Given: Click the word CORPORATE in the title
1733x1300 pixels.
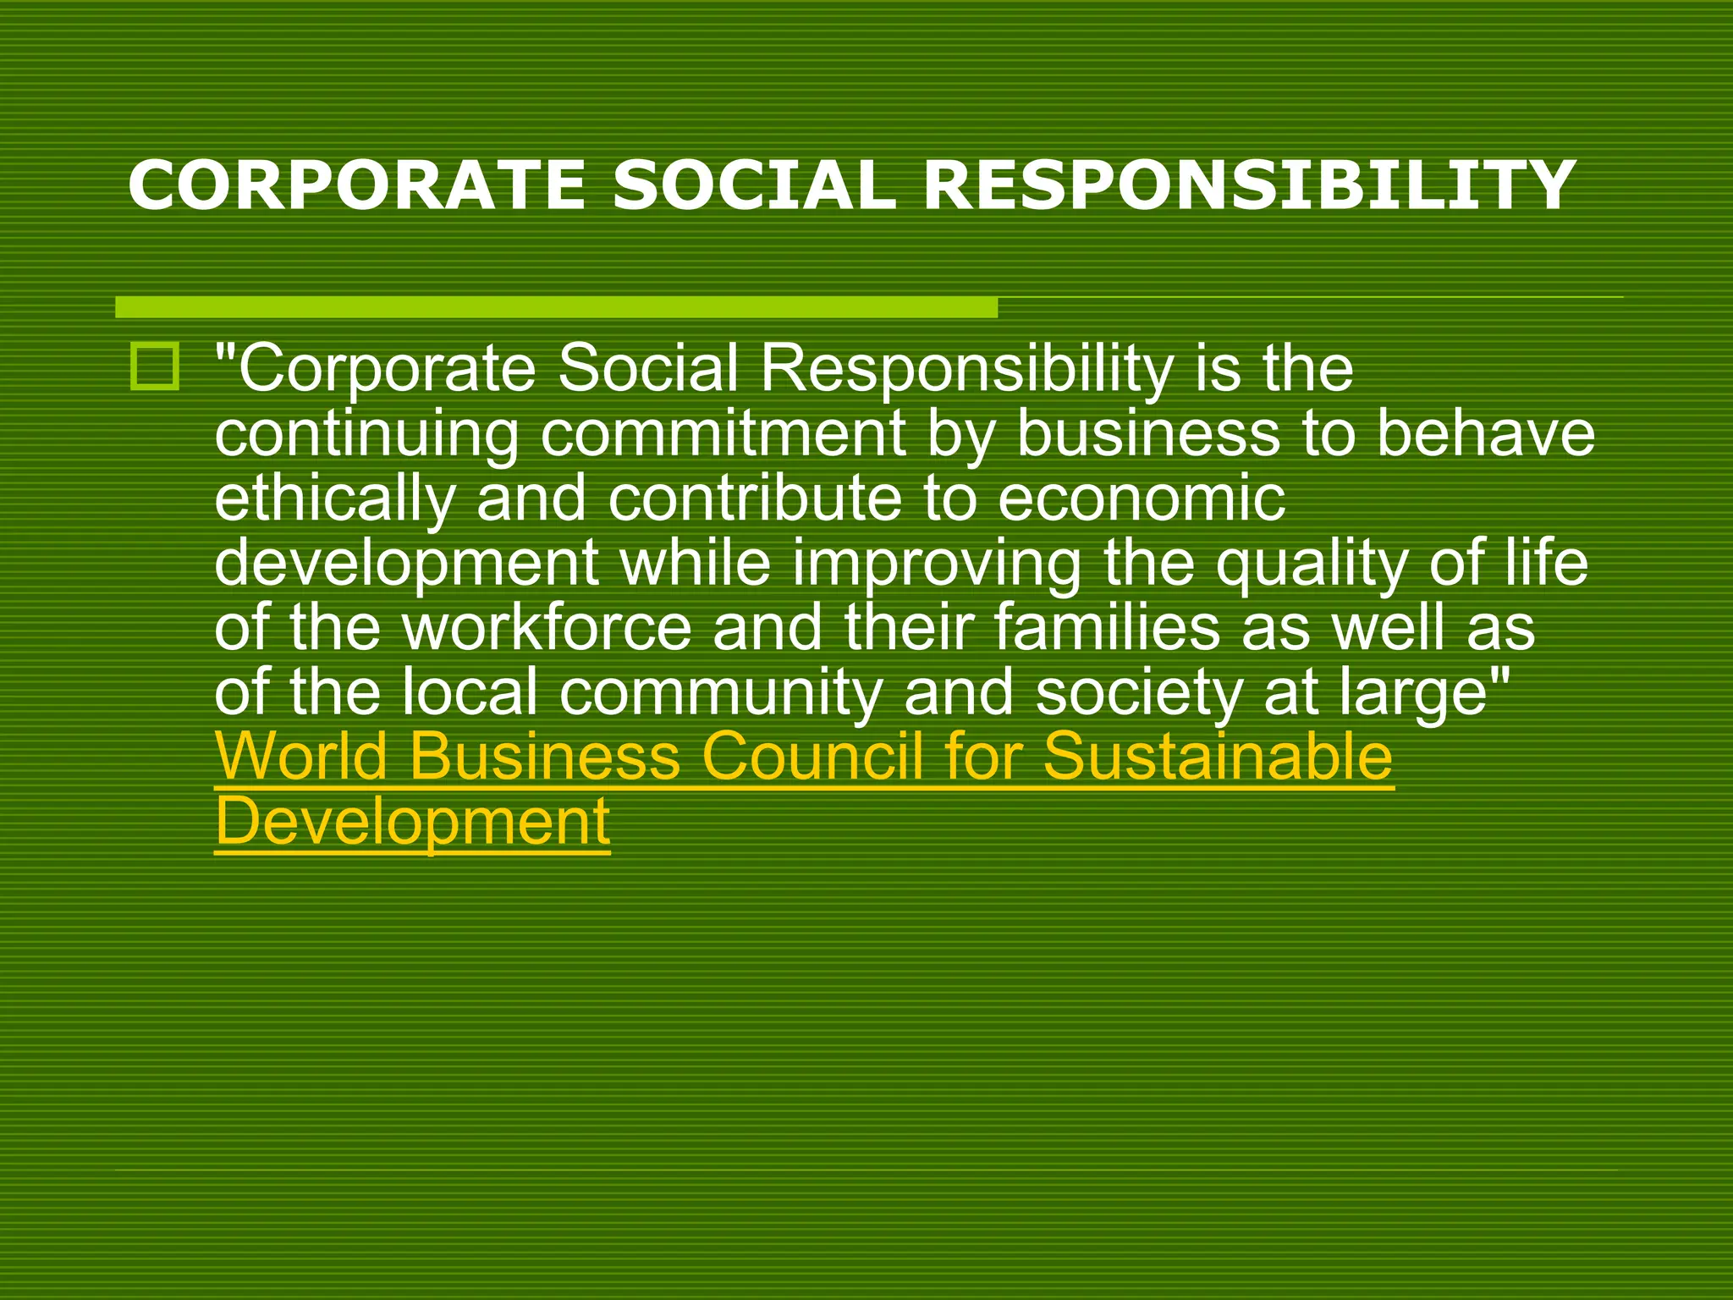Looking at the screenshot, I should click(356, 185).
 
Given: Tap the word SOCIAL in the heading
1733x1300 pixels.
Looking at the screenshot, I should click(753, 185).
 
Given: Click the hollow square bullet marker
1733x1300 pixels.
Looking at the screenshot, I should click(155, 367).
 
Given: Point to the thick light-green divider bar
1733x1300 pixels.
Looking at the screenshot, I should click(556, 307).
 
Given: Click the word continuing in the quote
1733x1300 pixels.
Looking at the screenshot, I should click(366, 435).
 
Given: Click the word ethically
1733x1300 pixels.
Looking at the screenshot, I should click(334, 499).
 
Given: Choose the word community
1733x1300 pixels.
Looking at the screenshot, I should click(721, 693).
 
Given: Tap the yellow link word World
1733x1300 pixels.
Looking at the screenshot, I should click(301, 756).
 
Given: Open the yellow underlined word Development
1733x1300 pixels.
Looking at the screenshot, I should click(412, 822).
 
